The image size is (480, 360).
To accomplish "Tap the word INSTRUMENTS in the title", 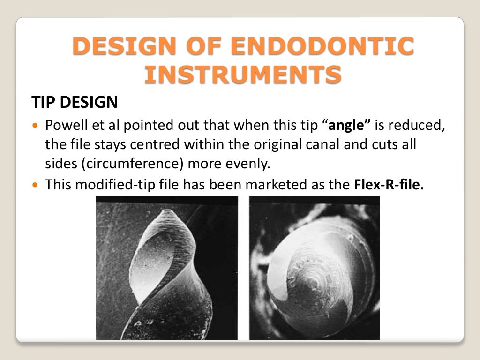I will tap(243, 75).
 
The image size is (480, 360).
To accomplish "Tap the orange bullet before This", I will tap(37, 184).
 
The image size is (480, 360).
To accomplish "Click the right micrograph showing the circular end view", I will tap(314, 268).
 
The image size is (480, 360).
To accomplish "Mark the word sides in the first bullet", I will tap(57, 164).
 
